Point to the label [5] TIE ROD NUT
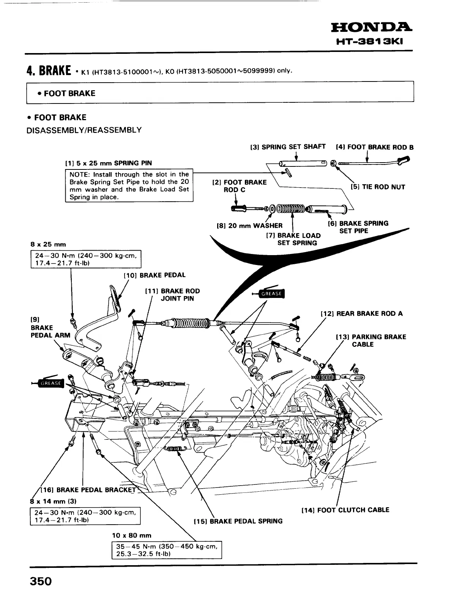pos(378,187)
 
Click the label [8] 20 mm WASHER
pos(249,226)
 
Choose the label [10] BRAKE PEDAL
pos(155,275)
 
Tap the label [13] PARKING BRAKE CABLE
pos(371,340)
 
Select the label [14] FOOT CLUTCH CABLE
pos(345,510)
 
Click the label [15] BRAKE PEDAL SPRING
pos(238,521)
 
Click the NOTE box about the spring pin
pos(129,186)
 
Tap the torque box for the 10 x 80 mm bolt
pos(167,550)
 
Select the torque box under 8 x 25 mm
pos(85,259)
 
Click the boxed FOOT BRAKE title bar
pos(220,93)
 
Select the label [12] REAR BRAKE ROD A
pos(362,313)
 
